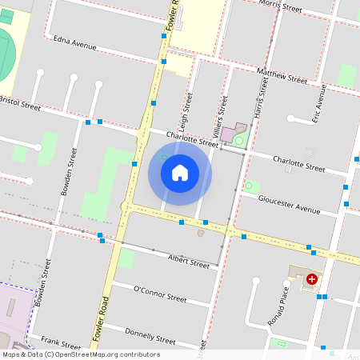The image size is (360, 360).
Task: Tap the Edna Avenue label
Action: tap(74, 42)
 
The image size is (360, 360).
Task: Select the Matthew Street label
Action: tap(282, 77)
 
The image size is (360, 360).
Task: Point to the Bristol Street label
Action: tap(20, 103)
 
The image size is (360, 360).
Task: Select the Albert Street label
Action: tap(188, 261)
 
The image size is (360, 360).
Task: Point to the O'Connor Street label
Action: tap(159, 294)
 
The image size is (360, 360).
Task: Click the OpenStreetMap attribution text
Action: tap(80, 354)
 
